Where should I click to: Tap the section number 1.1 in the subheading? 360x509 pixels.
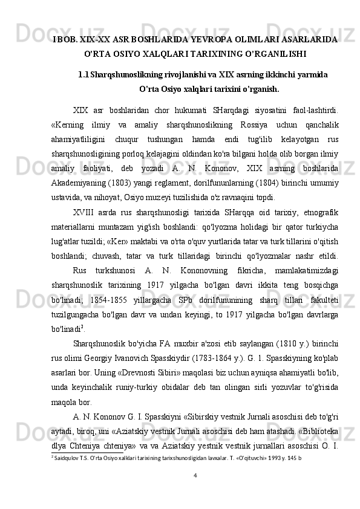[x=83, y=74]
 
